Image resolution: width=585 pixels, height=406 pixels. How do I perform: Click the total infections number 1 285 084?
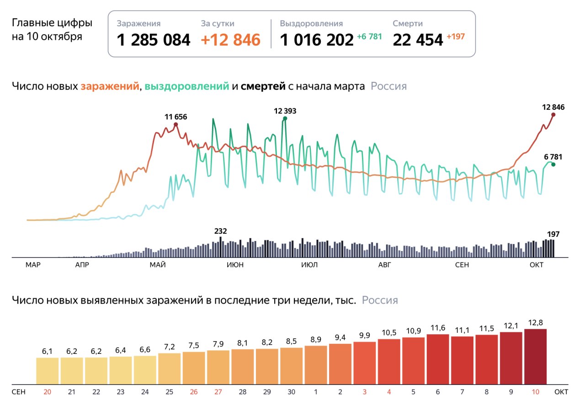coord(153,40)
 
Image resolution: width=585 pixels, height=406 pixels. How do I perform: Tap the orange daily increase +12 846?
coord(231,40)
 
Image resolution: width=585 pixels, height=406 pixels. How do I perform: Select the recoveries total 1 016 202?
coord(317,40)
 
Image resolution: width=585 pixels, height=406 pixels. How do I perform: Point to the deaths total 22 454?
coord(418,40)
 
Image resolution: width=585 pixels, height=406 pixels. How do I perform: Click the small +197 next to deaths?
coord(456,37)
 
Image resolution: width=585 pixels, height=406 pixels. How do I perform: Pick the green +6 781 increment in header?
coord(369,37)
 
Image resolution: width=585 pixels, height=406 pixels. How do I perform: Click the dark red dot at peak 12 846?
coord(553,115)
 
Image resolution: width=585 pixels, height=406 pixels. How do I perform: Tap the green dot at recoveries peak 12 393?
coord(285,118)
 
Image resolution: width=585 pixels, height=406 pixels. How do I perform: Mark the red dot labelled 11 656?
coord(176,125)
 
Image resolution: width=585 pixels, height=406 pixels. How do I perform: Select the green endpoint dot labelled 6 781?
coord(553,164)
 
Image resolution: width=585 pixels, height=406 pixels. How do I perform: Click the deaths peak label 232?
coord(220,231)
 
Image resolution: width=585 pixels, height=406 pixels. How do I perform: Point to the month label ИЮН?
coord(235,265)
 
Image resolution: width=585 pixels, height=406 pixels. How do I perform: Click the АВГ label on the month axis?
coord(385,265)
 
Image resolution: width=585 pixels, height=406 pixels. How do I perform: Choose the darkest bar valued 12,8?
coord(535,357)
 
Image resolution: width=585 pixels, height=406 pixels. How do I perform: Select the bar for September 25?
coord(169,369)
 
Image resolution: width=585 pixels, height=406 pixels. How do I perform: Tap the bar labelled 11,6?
coord(438,359)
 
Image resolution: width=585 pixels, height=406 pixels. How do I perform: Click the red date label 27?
coord(218,392)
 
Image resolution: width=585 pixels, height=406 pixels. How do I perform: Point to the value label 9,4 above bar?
coord(340,337)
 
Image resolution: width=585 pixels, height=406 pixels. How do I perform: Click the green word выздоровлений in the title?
coord(187,86)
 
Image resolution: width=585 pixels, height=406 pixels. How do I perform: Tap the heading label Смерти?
coord(408,23)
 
